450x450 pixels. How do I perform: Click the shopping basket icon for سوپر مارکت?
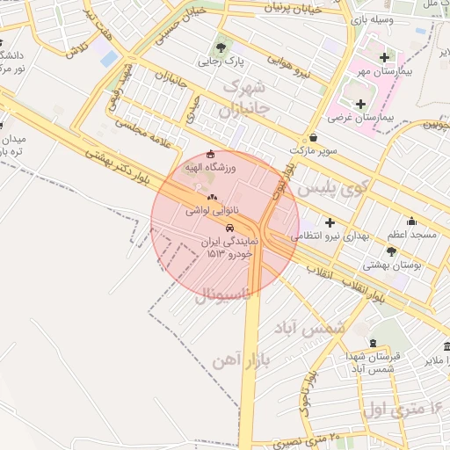coord(314,138)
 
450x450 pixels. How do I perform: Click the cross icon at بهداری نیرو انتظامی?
coord(330,222)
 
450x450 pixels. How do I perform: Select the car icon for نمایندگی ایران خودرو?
coord(230,227)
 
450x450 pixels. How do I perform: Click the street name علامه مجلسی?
coord(155,134)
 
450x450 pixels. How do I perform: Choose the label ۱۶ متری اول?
coord(403,409)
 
